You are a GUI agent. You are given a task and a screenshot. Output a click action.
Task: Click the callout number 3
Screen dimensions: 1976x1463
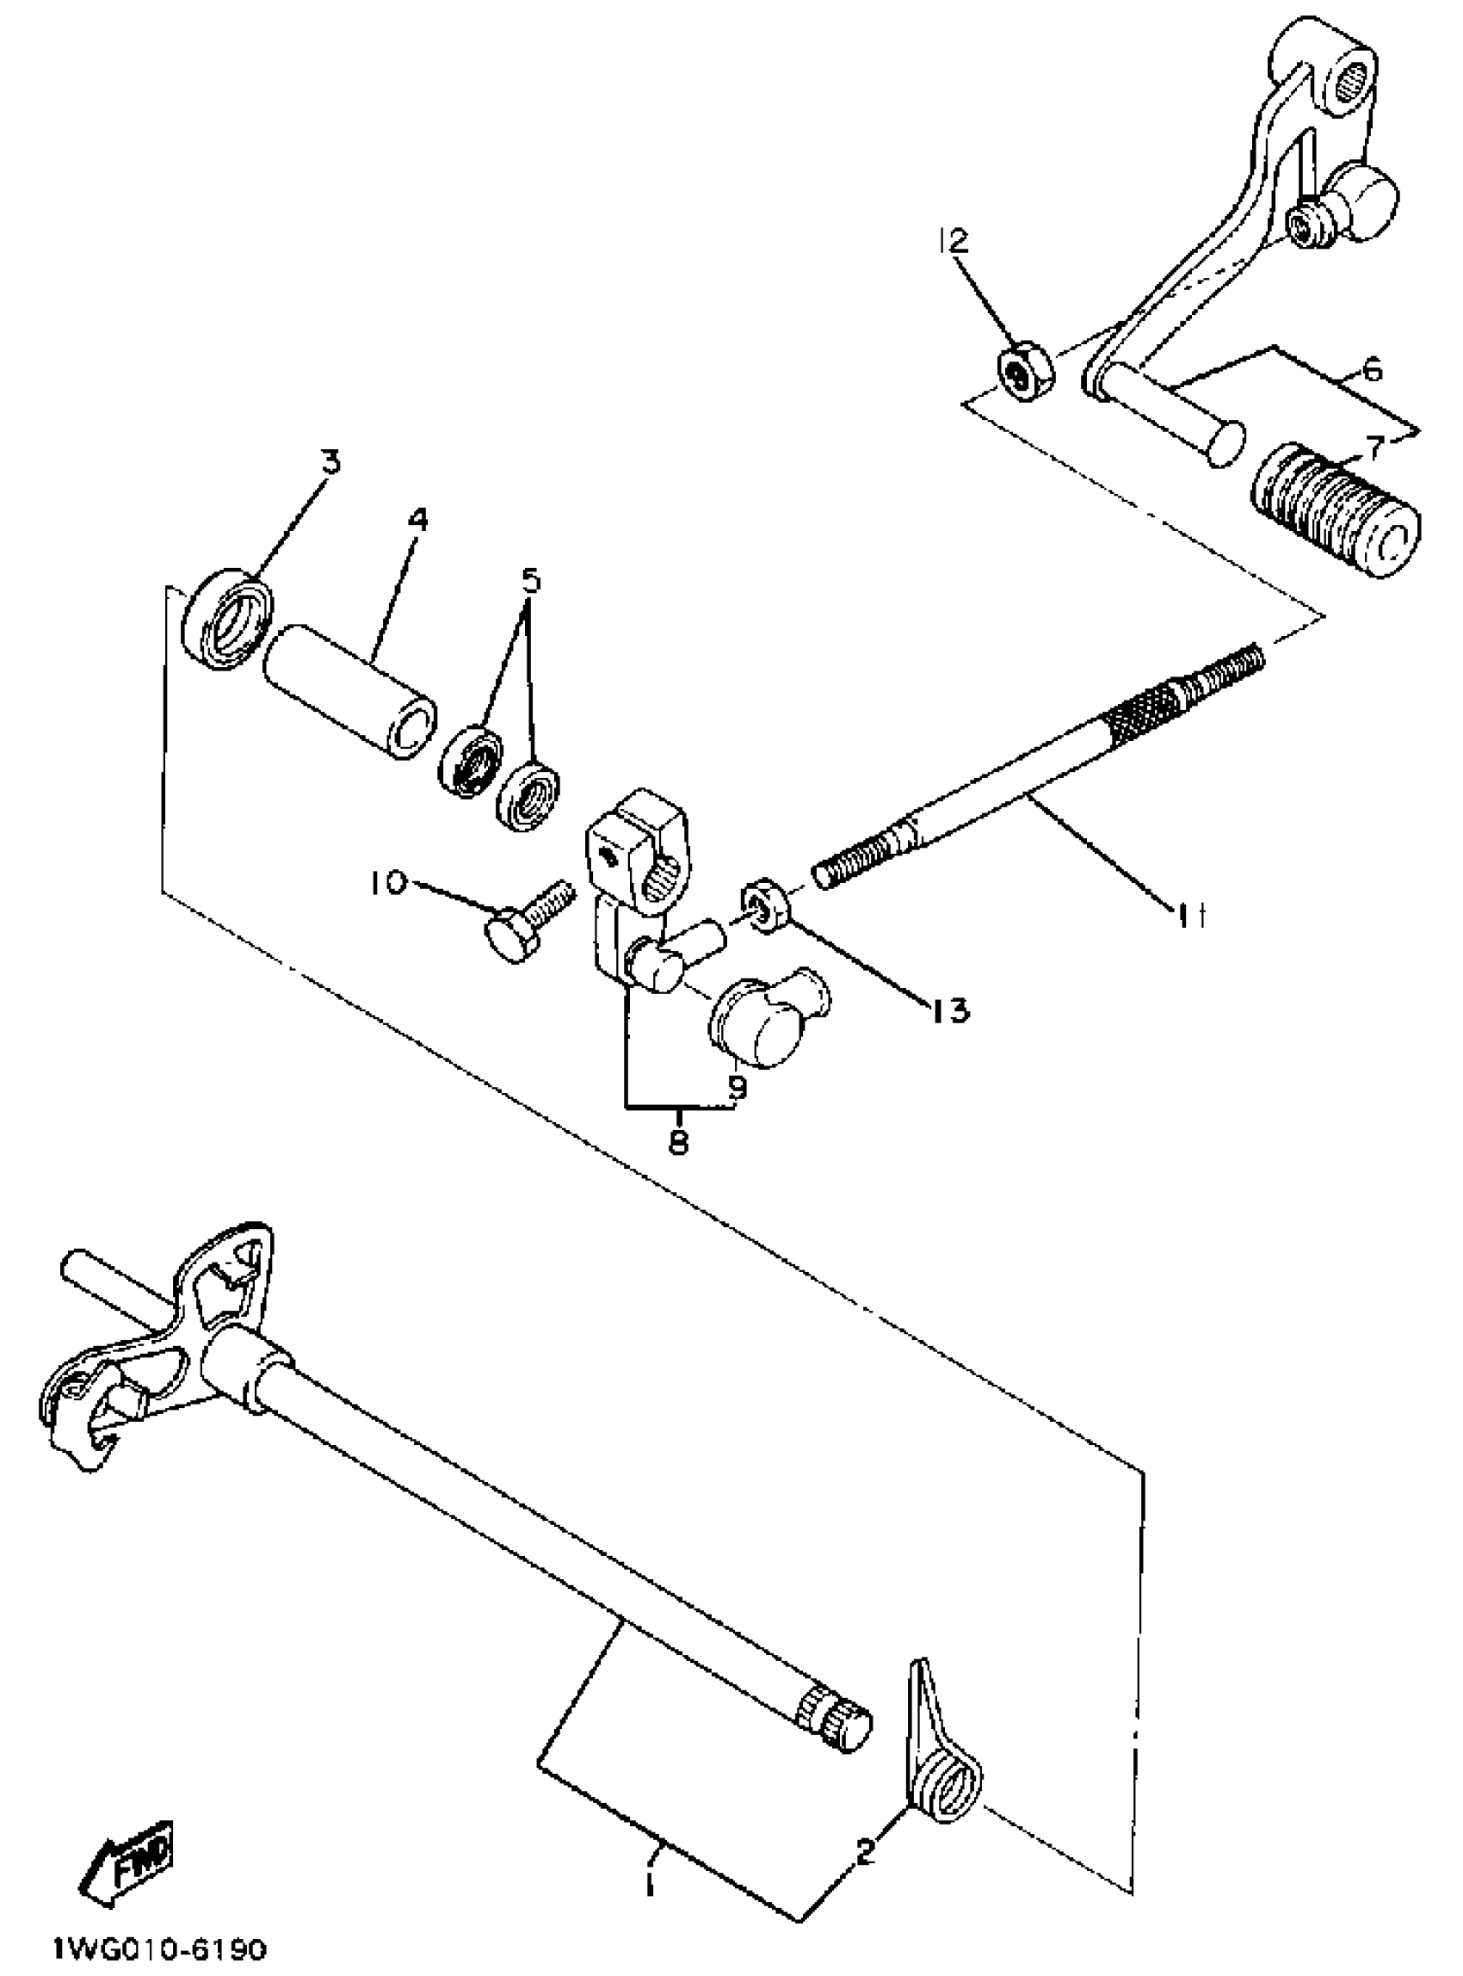(x=330, y=461)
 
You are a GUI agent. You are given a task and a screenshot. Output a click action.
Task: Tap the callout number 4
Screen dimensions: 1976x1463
(x=417, y=520)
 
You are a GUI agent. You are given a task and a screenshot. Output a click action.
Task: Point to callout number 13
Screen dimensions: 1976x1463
(x=948, y=1009)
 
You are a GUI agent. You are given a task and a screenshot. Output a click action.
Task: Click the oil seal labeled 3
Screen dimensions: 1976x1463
(x=226, y=619)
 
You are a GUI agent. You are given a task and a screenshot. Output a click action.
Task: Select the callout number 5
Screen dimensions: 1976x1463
(x=529, y=581)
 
